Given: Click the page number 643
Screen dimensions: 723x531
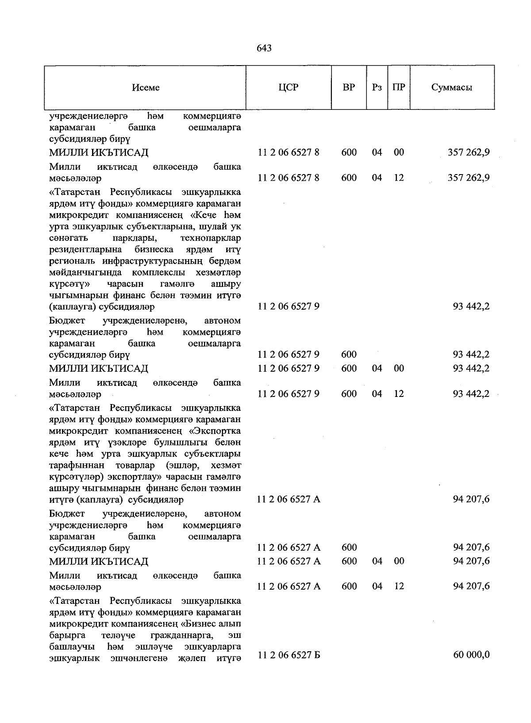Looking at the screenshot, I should click(x=264, y=48).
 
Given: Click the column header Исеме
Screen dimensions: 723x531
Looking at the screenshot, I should click(x=146, y=87).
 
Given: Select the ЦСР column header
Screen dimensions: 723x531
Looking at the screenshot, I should click(x=289, y=87).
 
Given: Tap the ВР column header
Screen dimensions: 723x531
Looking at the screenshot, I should click(x=349, y=87).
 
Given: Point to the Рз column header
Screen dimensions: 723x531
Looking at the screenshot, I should click(x=377, y=87).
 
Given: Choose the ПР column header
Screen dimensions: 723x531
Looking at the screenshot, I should click(x=399, y=87).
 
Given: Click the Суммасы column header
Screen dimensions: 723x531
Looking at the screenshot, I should click(x=451, y=87).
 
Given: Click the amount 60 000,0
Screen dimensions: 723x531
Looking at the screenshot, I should click(x=471, y=655).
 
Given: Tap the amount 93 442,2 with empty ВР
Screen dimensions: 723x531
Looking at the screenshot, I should click(x=471, y=306).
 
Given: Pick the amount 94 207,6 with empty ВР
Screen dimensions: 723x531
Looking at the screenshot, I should click(x=471, y=499).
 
